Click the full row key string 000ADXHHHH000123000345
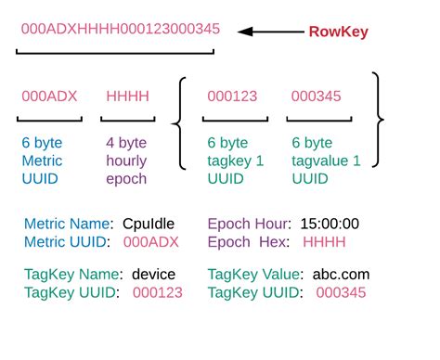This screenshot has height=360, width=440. (x=121, y=29)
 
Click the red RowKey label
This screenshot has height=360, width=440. (x=338, y=32)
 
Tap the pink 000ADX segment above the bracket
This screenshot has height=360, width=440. (x=49, y=96)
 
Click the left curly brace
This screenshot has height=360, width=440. (x=180, y=118)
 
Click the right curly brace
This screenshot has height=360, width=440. (x=377, y=118)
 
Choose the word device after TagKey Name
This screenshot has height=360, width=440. (x=153, y=275)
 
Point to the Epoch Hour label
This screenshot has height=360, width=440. (x=248, y=224)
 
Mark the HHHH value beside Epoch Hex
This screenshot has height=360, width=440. (x=323, y=242)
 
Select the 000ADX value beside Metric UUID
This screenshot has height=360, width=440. (x=151, y=242)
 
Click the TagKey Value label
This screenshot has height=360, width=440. (x=254, y=275)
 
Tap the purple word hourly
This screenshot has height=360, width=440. (x=126, y=161)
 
